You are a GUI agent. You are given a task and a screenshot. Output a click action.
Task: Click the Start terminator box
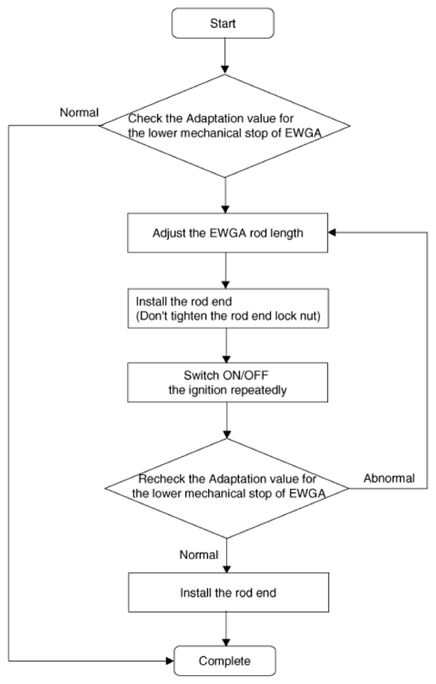coord(223,23)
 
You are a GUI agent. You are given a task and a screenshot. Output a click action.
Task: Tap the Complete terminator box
coord(225,661)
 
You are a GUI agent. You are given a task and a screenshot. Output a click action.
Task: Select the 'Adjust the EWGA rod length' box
coord(227,233)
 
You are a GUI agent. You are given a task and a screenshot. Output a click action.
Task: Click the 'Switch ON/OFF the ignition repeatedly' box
coord(227,382)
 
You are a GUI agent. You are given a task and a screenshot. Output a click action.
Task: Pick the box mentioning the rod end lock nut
coord(228,309)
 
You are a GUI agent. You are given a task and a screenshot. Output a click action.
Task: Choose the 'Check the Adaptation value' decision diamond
coord(225,126)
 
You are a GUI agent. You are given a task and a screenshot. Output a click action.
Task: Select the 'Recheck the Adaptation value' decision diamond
coord(227,488)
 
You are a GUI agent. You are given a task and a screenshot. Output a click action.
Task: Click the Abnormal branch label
coord(389,478)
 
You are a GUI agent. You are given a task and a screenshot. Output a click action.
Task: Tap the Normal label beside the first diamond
coord(79,113)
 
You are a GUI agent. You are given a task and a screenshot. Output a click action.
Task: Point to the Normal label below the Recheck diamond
coord(199,555)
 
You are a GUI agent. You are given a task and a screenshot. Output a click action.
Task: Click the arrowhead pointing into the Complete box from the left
coord(170,661)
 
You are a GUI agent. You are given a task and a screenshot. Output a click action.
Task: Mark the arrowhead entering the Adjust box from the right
coord(332,233)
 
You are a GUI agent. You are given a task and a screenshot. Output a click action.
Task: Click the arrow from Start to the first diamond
coord(225,56)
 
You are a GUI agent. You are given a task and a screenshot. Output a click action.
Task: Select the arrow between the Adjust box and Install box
coord(226,271)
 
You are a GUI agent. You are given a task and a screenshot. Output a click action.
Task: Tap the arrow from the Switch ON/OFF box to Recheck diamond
coord(227,420)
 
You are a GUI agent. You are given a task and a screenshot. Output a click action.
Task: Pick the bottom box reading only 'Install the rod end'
coord(228,593)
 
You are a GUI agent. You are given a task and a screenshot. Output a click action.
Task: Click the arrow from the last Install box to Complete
coord(226,629)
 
